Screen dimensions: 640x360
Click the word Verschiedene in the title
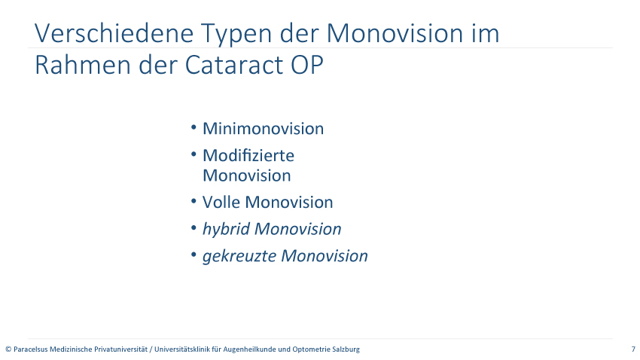point(114,32)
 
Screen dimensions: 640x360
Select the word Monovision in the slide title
point(395,32)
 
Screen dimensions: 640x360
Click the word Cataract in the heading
point(234,65)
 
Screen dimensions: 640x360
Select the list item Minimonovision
point(264,129)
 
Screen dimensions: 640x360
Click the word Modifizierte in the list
point(248,155)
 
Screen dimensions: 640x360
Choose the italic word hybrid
point(226,230)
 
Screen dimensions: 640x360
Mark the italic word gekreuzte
point(239,256)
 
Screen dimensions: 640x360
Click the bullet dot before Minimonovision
point(194,128)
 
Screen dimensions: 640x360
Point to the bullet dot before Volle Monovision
point(194,201)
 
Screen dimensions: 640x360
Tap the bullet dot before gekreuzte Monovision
point(194,255)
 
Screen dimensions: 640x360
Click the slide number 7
point(633,349)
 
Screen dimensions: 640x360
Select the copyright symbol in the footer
point(8,349)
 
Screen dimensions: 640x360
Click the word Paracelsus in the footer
point(31,349)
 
